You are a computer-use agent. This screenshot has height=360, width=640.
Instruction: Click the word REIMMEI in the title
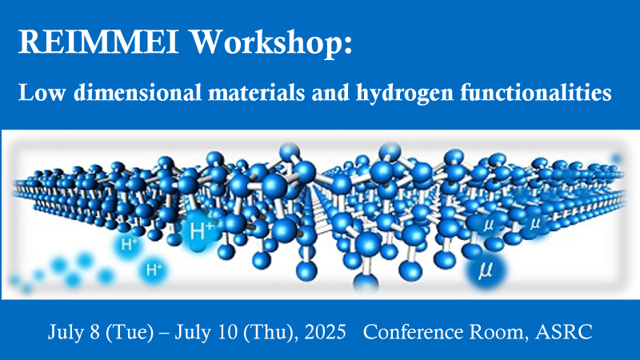[98, 42]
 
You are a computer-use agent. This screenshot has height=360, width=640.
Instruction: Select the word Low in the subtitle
[42, 92]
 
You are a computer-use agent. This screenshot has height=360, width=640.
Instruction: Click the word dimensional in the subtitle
[138, 92]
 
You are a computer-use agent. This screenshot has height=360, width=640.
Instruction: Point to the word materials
[257, 92]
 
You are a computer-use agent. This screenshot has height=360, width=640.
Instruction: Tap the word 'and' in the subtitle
[330, 92]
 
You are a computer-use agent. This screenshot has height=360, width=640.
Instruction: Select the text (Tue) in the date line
[130, 332]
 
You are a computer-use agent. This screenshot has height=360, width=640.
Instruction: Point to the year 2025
[326, 332]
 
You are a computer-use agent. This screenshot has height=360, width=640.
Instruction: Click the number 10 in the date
[228, 332]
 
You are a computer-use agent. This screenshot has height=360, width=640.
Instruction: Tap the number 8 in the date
[94, 332]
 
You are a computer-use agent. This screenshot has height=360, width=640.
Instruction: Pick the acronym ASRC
[564, 332]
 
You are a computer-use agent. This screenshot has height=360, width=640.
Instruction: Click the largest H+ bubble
[199, 231]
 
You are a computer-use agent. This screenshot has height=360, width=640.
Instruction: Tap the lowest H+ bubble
[153, 270]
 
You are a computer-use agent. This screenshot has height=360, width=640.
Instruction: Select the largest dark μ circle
[486, 270]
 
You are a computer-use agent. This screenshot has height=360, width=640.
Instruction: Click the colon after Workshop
[348, 46]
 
